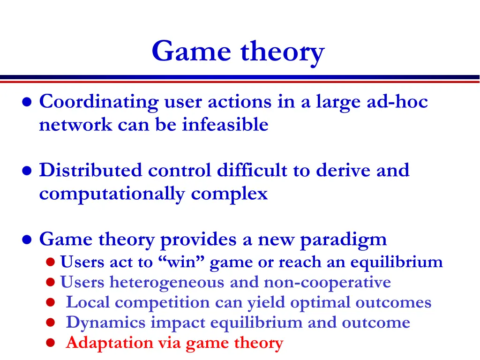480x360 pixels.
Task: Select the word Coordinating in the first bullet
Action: [x=99, y=102]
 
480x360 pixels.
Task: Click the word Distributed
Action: [x=90, y=170]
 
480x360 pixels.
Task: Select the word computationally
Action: [x=112, y=193]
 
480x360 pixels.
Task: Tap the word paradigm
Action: [x=343, y=240]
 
